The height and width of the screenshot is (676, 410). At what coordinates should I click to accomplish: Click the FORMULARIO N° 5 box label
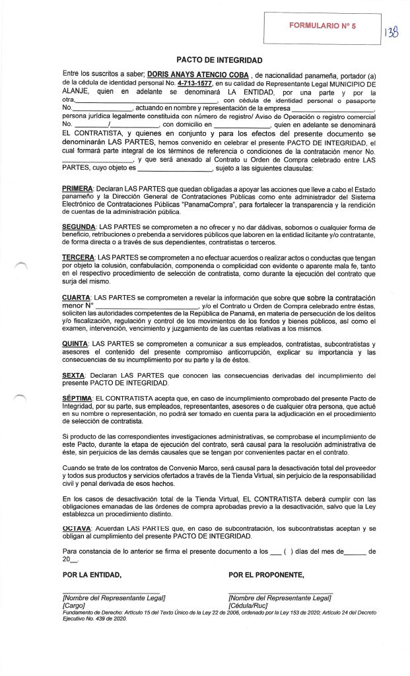322,25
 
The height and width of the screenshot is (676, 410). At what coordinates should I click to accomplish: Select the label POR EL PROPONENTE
266,574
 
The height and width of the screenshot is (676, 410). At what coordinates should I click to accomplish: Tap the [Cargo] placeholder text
73,605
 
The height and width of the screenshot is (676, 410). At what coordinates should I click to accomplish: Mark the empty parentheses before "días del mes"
287,551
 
